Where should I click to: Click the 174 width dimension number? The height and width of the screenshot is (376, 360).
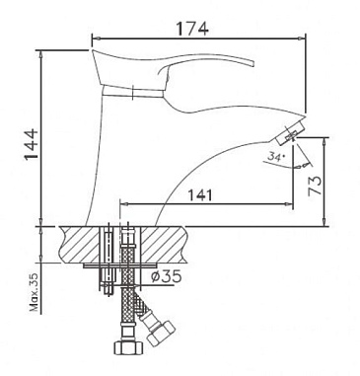[193, 29]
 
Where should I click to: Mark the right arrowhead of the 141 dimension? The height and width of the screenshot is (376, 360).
[294, 205]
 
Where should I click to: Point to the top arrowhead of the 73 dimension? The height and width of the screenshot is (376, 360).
[323, 139]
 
